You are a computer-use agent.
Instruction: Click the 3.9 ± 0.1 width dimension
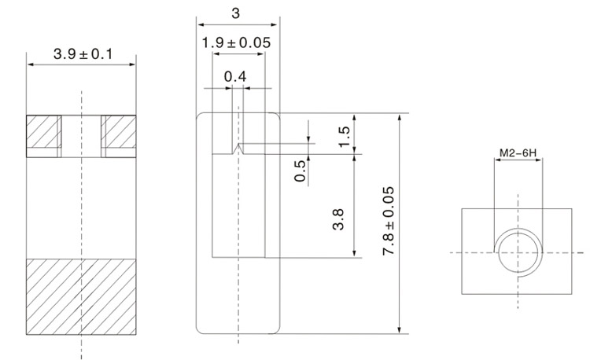tap(82, 54)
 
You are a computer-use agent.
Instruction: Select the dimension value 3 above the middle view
tap(237, 13)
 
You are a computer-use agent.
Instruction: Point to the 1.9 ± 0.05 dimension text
tap(236, 43)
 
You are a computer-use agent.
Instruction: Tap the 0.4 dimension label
tap(234, 76)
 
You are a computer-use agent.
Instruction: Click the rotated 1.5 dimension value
tap(344, 134)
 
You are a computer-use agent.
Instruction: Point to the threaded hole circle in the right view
tap(517, 252)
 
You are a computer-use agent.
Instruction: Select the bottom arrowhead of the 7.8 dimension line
tap(400, 329)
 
